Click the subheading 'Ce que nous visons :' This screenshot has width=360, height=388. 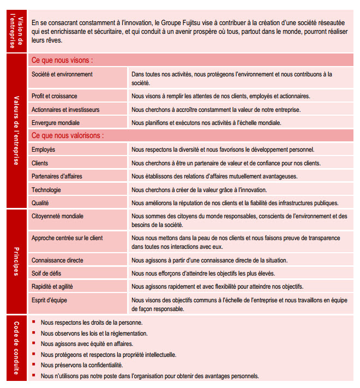pyautogui.click(x=62, y=59)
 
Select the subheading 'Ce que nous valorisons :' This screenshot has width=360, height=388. pyautogui.click(x=67, y=135)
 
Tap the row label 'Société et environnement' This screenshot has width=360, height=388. pyautogui.click(x=62, y=74)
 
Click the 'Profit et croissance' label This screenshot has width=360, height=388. pyautogui.click(x=55, y=96)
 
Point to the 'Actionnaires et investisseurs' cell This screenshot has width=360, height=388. pyautogui.click(x=65, y=110)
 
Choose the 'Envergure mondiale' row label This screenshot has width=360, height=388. pyautogui.click(x=55, y=123)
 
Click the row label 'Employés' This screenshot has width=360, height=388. pyautogui.click(x=43, y=150)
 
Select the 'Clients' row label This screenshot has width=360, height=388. pyautogui.click(x=39, y=163)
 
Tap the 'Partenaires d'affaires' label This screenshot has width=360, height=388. pyautogui.click(x=57, y=176)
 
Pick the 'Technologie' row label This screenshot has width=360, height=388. pyautogui.click(x=46, y=190)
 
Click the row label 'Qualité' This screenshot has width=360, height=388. pyautogui.click(x=40, y=203)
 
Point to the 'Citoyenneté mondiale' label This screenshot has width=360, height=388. pyautogui.click(x=57, y=216)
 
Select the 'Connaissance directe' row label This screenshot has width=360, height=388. pyautogui.click(x=57, y=260)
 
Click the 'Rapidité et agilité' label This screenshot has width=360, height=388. pyautogui.click(x=52, y=286)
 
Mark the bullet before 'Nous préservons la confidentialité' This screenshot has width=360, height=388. pyautogui.click(x=34, y=365)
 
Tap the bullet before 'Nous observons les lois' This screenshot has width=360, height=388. pyautogui.click(x=34, y=332)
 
